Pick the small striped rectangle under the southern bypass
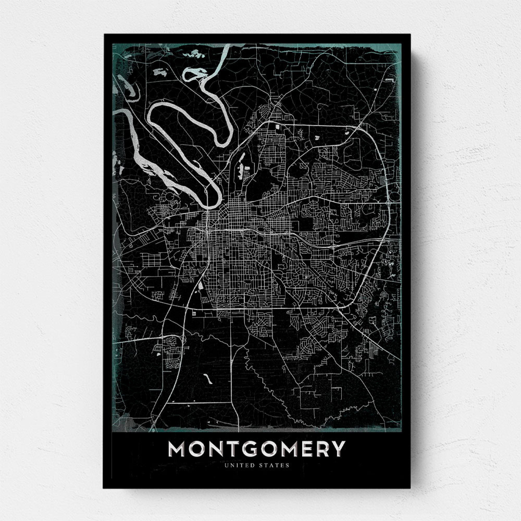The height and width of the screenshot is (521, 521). [194, 313]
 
